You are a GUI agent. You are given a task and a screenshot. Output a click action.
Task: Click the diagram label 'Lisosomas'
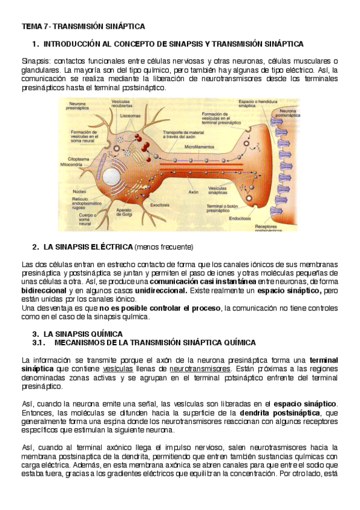coord(130,115)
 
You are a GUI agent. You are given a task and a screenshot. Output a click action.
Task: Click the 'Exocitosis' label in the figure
coord(160,204)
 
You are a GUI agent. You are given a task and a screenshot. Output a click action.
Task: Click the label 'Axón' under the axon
coord(194,192)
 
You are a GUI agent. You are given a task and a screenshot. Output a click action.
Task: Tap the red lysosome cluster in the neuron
coord(144,131)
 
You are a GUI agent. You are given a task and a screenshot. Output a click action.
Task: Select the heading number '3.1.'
coord(40,342)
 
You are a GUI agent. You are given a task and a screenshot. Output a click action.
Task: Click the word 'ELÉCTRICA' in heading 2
coord(111,247)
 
